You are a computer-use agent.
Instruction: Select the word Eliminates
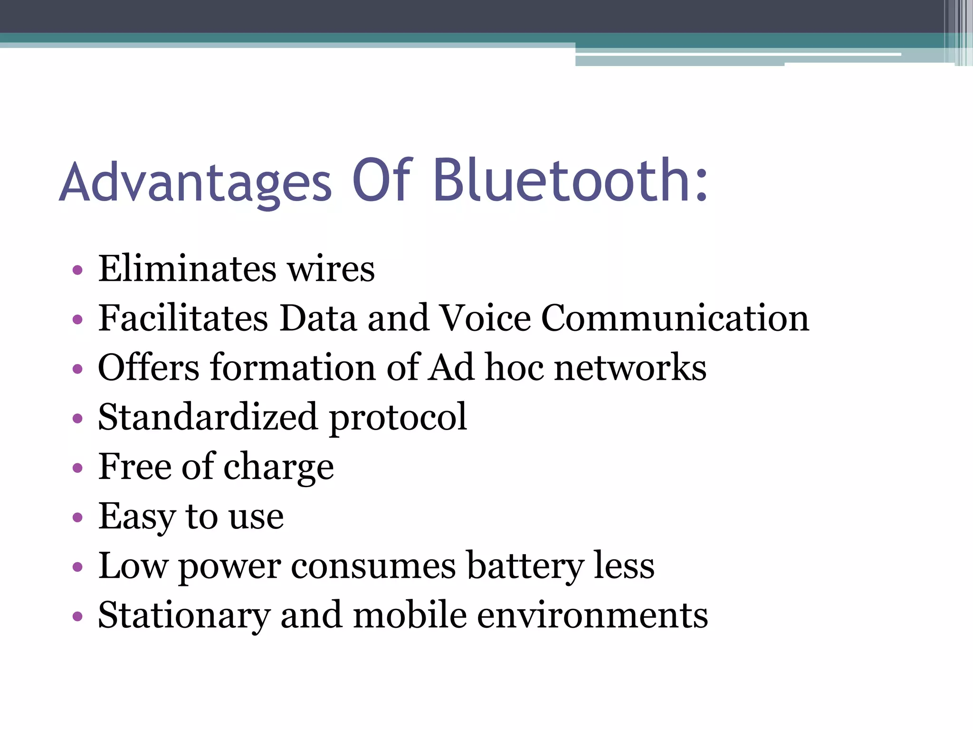click(187, 269)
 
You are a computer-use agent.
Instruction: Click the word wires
click(331, 270)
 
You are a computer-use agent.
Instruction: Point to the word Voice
click(485, 318)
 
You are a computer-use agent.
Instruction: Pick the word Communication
click(675, 318)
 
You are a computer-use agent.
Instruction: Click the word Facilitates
click(183, 318)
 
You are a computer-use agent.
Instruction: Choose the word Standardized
click(208, 417)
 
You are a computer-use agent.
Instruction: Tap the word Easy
click(136, 517)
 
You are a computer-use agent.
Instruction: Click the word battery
click(525, 567)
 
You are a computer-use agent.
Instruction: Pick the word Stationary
click(184, 616)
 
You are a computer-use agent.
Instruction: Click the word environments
click(592, 616)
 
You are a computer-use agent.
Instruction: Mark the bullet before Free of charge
click(77, 468)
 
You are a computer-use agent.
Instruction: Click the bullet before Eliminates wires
click(77, 271)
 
